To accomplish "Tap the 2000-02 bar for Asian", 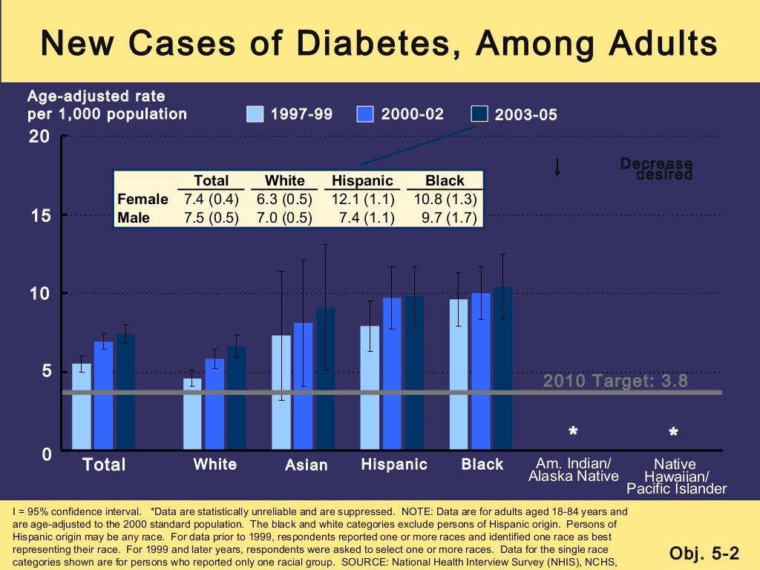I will (x=303, y=386).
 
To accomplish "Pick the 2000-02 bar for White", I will (x=214, y=404).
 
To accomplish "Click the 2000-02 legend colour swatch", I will (x=365, y=114).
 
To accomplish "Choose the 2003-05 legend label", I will (x=525, y=114).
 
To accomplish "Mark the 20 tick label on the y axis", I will (x=39, y=137).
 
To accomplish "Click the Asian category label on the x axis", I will (x=307, y=465).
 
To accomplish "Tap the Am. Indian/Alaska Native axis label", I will (x=573, y=470).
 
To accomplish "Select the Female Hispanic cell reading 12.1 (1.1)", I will (x=361, y=199).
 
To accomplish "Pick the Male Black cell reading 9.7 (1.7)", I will (x=445, y=217).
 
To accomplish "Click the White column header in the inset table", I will (x=285, y=180).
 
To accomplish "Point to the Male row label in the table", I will (x=134, y=217).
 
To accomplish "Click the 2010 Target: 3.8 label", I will (x=615, y=381).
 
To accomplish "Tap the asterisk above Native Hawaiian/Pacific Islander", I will (x=673, y=433).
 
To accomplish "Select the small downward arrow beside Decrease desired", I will (x=557, y=167).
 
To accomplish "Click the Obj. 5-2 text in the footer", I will (x=704, y=553).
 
